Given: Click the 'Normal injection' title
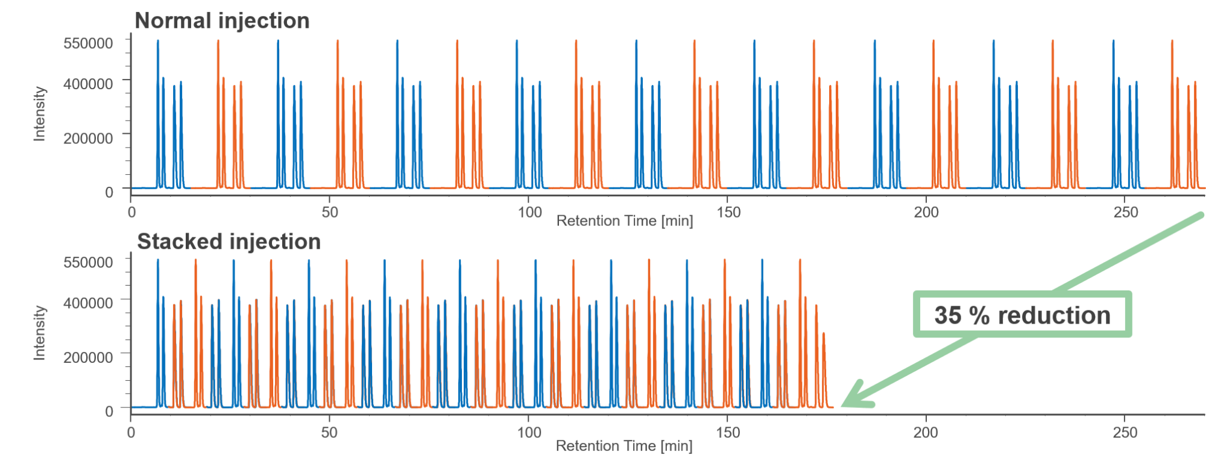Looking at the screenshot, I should click(222, 21).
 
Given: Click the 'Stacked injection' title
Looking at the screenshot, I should click(229, 242).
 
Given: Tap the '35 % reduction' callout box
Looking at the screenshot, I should click(1022, 315).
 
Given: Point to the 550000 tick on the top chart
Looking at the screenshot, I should click(88, 43).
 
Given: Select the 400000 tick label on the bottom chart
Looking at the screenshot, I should click(88, 303).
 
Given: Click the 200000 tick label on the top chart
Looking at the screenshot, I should click(88, 138).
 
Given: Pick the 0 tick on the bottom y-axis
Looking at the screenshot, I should click(109, 411).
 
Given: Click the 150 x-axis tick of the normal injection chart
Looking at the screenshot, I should click(728, 212).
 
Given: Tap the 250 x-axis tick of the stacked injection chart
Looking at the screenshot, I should click(1125, 433).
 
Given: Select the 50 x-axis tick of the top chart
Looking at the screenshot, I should click(330, 212).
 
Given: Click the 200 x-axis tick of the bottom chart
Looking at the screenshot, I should click(926, 433).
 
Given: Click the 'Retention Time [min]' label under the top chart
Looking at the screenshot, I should click(624, 221).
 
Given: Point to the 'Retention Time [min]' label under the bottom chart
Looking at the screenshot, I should click(624, 447).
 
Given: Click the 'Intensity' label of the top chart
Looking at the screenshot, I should click(39, 113).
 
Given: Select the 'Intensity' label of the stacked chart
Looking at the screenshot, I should click(39, 333).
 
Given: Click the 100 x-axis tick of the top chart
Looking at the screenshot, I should click(529, 212).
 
